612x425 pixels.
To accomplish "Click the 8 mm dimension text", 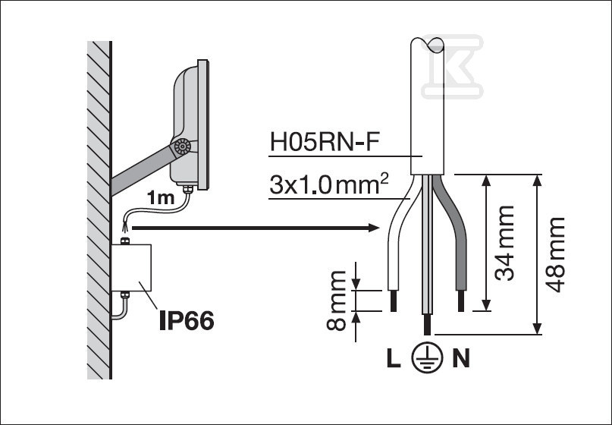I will (337, 300).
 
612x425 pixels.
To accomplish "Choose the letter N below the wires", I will (461, 359).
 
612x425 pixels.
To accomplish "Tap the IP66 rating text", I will (186, 320).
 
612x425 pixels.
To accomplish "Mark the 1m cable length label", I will (160, 198).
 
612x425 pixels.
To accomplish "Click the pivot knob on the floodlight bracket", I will (182, 148).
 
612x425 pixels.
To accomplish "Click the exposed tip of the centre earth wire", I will (428, 326).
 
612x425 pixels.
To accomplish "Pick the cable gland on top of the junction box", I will (127, 241).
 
